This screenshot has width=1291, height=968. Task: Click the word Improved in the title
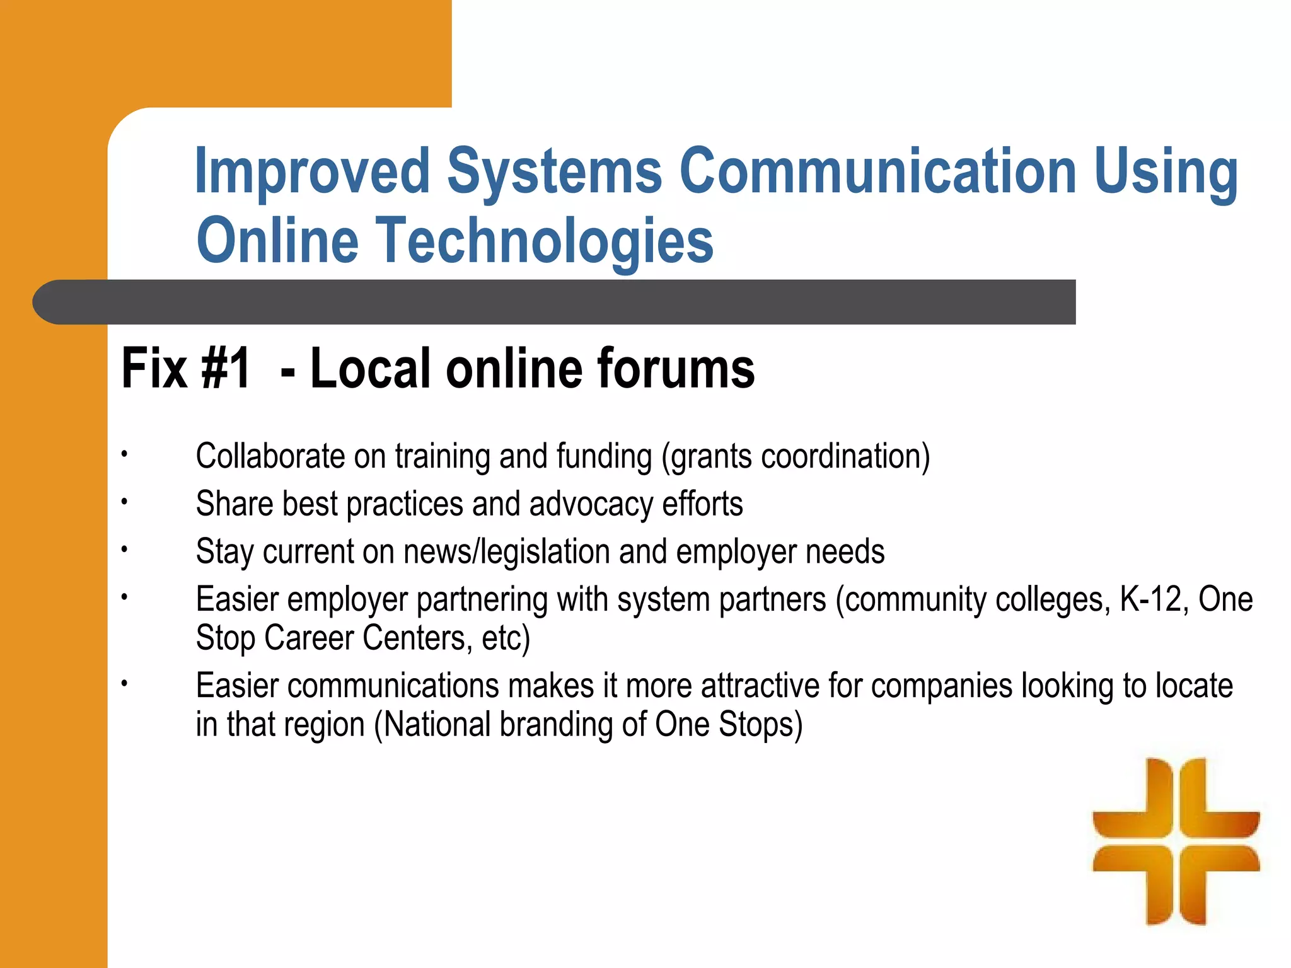click(x=312, y=171)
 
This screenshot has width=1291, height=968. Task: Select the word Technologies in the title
click(x=545, y=241)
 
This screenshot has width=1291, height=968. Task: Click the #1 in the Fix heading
click(x=226, y=369)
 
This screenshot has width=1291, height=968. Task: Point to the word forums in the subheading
click(x=675, y=369)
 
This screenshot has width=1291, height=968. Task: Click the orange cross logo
click(x=1176, y=841)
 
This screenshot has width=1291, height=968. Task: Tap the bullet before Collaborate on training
click(x=125, y=454)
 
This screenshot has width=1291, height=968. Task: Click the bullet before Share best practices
click(x=125, y=502)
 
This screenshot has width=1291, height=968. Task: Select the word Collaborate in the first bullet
click(x=270, y=456)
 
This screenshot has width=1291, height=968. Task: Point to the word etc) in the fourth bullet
click(x=506, y=638)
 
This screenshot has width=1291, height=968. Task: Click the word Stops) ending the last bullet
click(x=761, y=724)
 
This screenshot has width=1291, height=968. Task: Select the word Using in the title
click(x=1166, y=171)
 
